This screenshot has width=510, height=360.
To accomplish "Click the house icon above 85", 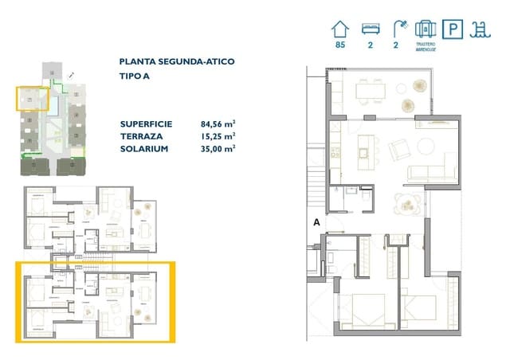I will [340, 29].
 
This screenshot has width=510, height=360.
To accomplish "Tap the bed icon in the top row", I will [371, 29].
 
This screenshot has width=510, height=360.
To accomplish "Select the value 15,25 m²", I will [218, 136].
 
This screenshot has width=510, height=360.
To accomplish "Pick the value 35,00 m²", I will [218, 149].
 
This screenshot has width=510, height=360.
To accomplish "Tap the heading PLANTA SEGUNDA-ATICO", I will [176, 61].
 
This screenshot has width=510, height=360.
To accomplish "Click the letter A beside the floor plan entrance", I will [317, 223].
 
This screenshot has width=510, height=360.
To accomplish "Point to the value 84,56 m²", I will [218, 123].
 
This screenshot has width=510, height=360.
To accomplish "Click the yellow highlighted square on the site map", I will [32, 100].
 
